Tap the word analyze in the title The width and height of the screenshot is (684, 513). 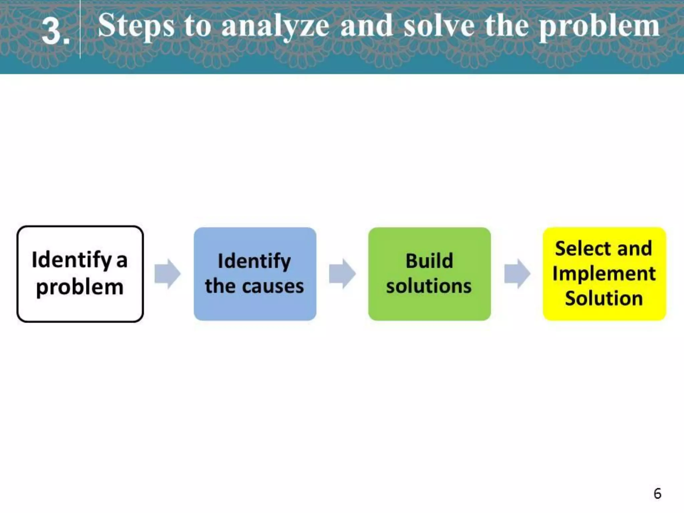tap(275, 27)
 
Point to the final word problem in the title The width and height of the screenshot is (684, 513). tap(600, 27)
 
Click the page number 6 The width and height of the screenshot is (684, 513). tap(657, 494)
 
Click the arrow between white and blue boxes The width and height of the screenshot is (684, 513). tap(168, 274)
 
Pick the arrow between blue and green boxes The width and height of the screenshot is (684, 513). tap(342, 274)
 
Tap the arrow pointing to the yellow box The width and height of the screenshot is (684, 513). tap(517, 274)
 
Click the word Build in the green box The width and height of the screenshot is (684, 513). tap(429, 261)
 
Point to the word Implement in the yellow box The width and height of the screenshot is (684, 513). tap(604, 274)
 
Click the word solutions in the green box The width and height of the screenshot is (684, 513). tap(429, 286)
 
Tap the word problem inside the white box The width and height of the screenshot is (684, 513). tap(80, 287)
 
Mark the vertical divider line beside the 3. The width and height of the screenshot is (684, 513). tap(80, 30)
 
